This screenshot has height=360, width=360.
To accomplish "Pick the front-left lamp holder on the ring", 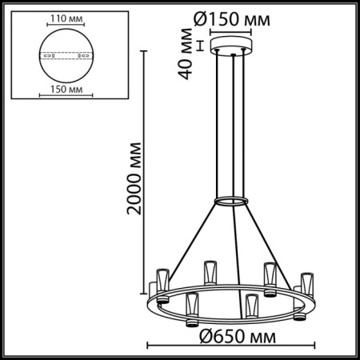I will [x=192, y=308].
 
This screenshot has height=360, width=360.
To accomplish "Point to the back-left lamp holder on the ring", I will [x=210, y=273].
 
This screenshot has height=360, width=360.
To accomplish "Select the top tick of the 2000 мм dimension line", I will [x=145, y=50].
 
